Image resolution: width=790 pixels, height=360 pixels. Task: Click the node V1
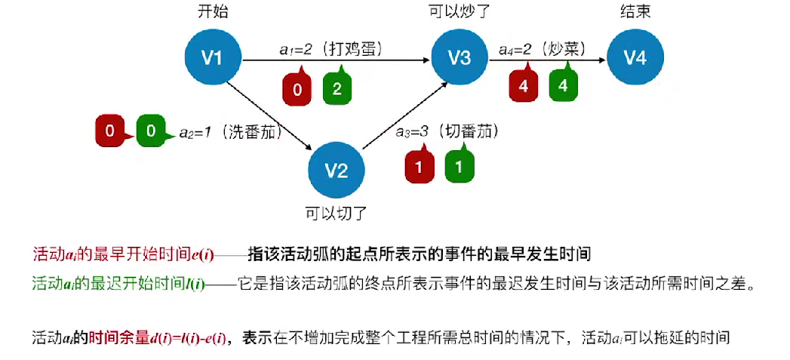(214, 56)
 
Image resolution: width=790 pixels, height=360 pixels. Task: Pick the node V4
(635, 56)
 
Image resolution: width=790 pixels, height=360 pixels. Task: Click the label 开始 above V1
(213, 11)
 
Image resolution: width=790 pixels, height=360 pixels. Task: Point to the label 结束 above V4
(635, 11)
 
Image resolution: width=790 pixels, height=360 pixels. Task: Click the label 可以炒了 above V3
(460, 11)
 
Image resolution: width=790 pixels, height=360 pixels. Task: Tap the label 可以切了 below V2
(336, 213)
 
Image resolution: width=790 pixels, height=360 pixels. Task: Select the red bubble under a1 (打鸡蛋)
(297, 89)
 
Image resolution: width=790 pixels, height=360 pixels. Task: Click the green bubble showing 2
(337, 89)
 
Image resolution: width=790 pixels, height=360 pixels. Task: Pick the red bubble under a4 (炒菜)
(523, 85)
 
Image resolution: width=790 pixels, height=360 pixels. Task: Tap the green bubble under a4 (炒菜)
(562, 85)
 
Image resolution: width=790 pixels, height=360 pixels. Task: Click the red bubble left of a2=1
(110, 131)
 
